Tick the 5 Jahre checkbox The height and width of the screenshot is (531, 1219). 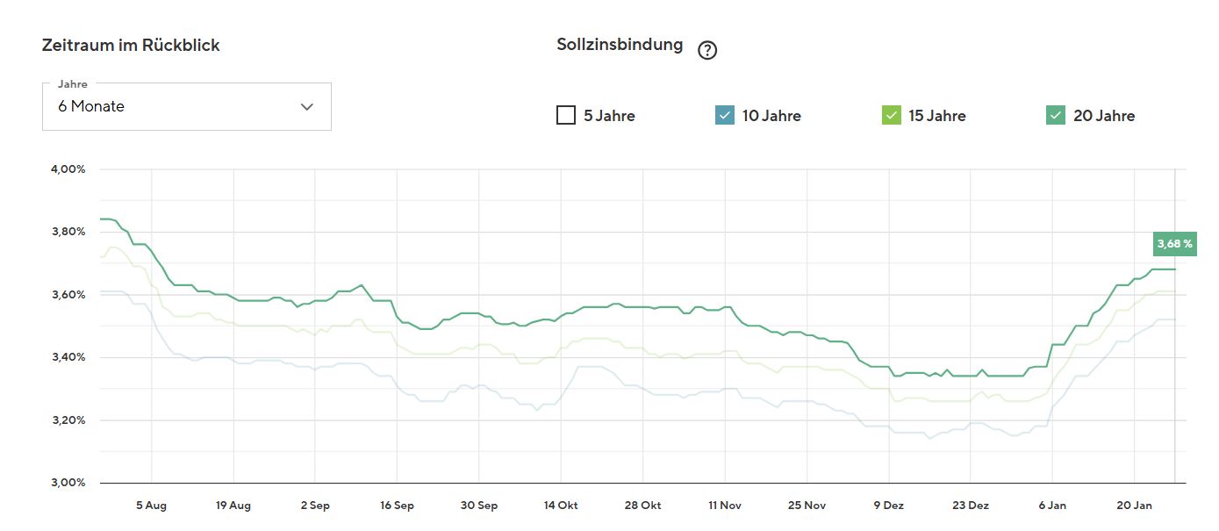click(566, 115)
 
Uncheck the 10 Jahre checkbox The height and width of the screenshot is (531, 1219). click(725, 115)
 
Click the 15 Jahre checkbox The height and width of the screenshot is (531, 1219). click(891, 115)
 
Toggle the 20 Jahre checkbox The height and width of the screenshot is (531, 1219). click(1056, 115)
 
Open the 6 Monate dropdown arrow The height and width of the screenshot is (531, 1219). click(306, 106)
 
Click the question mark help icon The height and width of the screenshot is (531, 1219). click(707, 50)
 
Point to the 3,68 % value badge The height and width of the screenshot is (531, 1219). click(1174, 243)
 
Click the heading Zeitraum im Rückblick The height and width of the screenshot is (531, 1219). click(131, 46)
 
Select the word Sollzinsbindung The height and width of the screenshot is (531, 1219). click(620, 44)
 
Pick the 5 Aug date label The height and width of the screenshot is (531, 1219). click(151, 506)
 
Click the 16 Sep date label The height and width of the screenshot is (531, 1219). click(397, 506)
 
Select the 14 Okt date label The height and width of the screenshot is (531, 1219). click(561, 506)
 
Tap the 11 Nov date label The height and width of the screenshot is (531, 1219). click(725, 506)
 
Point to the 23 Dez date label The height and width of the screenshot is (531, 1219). click(970, 506)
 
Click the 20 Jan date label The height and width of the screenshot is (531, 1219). click(1134, 506)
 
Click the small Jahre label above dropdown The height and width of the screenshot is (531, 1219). click(73, 84)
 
